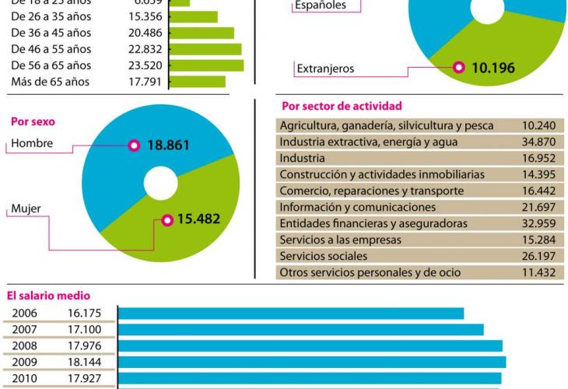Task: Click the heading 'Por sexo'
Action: [33, 122]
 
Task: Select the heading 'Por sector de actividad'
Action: [342, 107]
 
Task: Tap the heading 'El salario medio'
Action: [48, 296]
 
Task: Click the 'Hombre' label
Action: [32, 144]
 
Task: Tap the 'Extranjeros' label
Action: [325, 68]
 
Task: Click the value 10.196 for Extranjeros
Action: [493, 68]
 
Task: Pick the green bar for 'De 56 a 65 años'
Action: [206, 65]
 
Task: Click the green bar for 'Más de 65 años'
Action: [197, 82]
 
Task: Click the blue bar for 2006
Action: [291, 314]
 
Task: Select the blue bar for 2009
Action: [312, 362]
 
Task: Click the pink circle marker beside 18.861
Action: [134, 145]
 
